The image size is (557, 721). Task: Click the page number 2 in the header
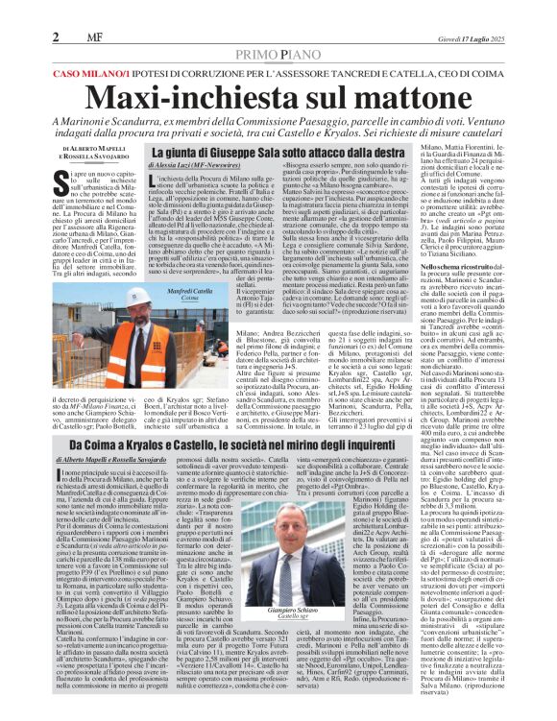(57, 36)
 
